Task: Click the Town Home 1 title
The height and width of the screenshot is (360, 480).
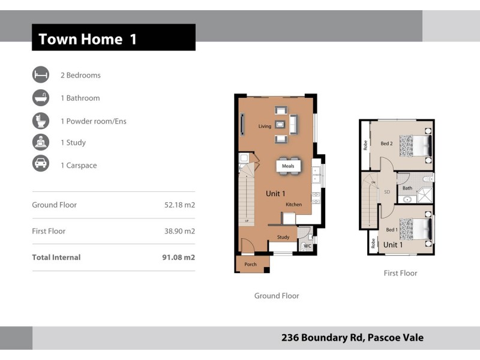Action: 88,40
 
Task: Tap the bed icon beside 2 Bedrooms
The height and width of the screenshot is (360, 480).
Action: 41,75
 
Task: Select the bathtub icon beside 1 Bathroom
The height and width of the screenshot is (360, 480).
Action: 41,98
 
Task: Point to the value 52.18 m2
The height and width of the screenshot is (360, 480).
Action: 179,205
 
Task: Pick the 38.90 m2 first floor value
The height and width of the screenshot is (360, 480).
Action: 179,231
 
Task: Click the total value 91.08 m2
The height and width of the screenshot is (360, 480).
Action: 179,257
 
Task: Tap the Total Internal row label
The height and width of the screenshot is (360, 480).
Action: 56,257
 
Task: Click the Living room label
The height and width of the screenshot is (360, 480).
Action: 265,127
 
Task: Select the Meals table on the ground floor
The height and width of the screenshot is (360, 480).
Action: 288,166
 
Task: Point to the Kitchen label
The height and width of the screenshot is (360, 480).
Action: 293,205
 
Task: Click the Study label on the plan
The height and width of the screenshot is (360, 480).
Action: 283,237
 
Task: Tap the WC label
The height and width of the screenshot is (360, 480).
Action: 307,246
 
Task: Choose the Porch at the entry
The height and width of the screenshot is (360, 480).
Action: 250,264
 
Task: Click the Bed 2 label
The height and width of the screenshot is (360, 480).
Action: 386,143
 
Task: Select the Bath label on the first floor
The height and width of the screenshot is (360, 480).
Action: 407,188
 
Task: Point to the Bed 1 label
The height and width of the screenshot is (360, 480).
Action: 392,230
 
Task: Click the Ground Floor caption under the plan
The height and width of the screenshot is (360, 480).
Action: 277,296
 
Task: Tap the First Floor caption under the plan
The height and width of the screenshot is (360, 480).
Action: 400,273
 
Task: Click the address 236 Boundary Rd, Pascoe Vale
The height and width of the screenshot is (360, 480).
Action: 352,338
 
